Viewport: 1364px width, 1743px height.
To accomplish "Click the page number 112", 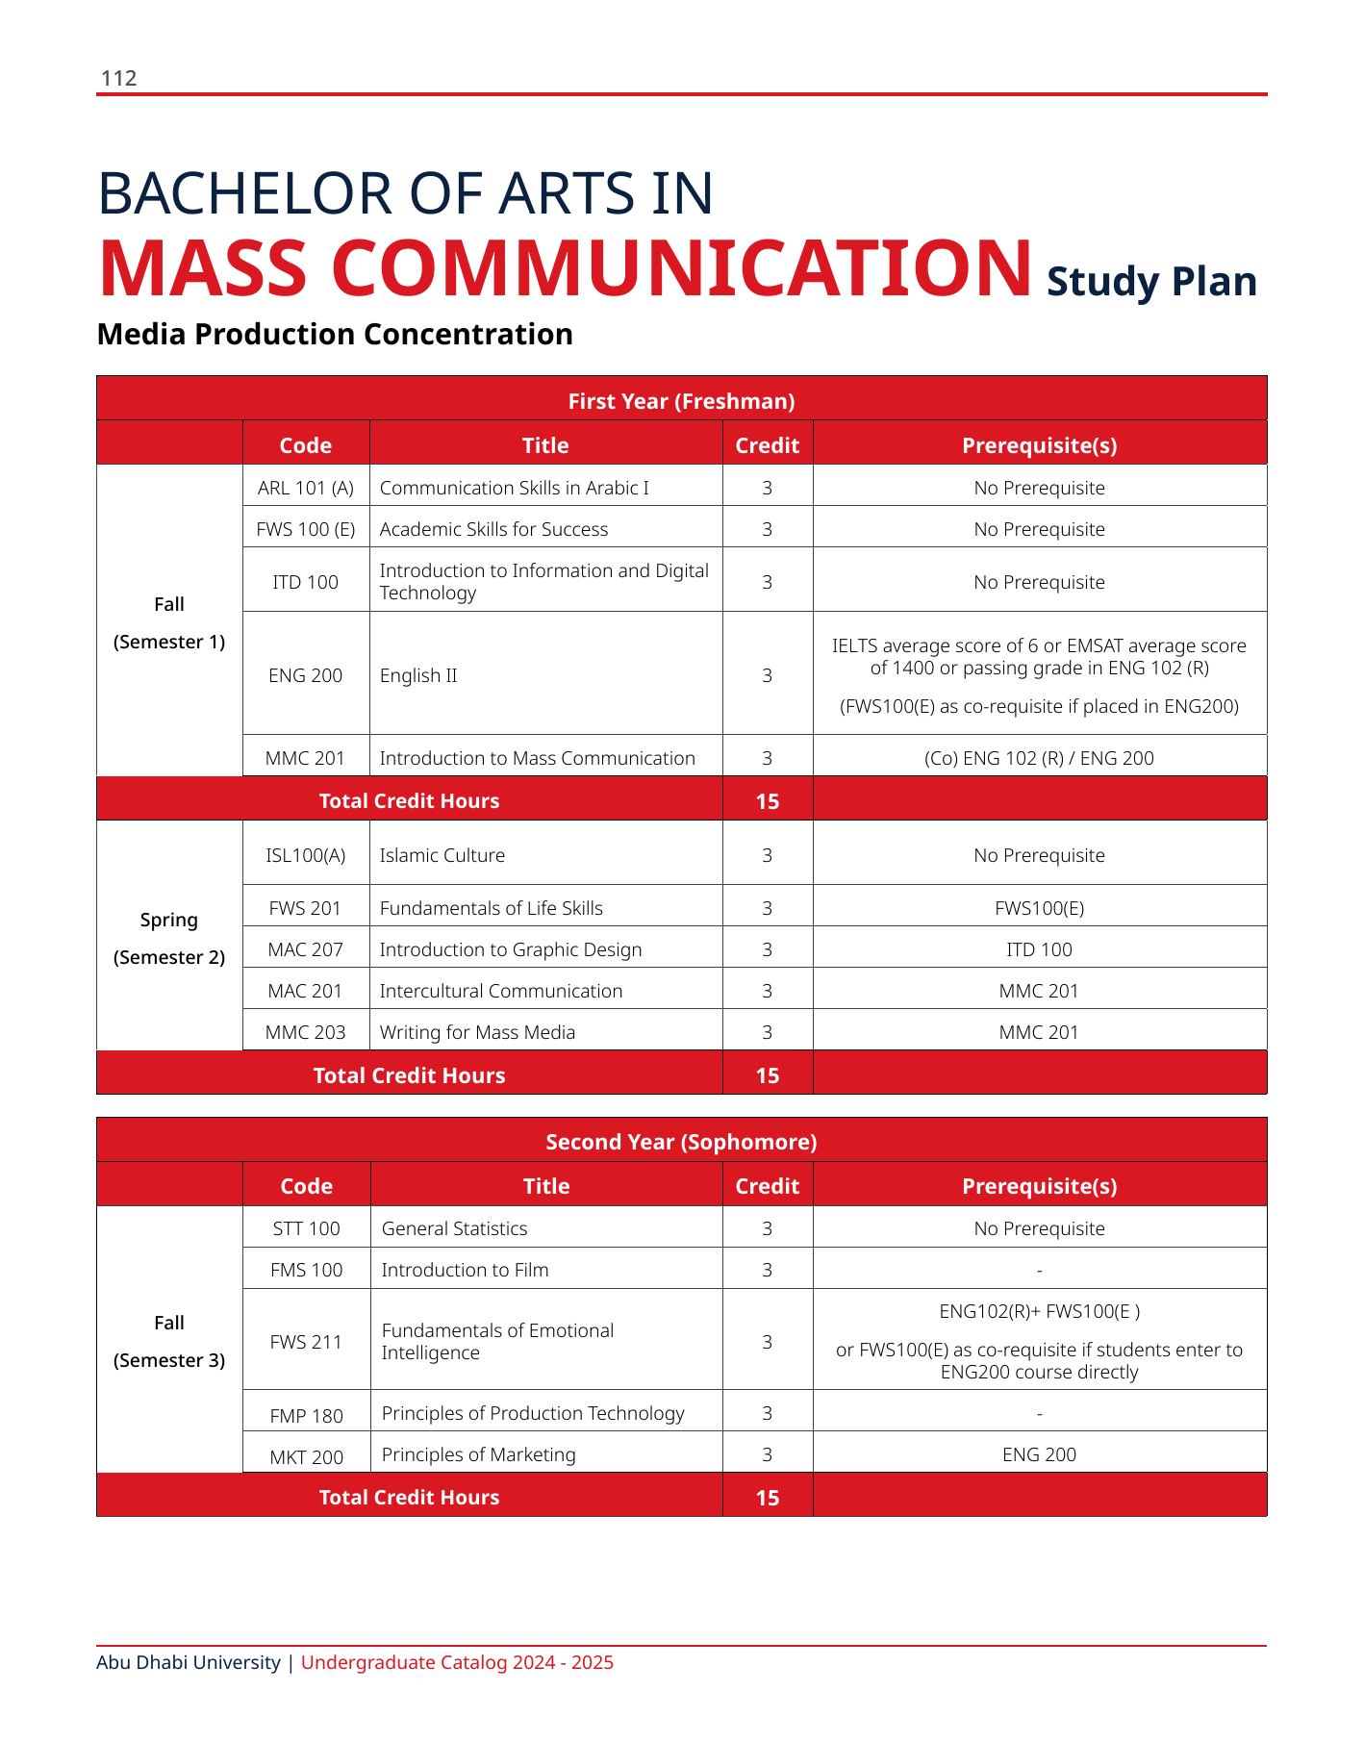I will pyautogui.click(x=119, y=78).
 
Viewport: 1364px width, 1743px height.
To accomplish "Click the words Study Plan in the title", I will pyautogui.click(x=1151, y=282).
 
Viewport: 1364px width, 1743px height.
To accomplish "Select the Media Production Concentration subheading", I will pyautogui.click(x=335, y=334).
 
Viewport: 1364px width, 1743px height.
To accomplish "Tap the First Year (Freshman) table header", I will pyautogui.click(x=681, y=401).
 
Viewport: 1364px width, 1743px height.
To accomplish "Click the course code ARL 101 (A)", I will pyautogui.click(x=306, y=488).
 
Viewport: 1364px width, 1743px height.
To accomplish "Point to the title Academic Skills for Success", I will pyautogui.click(x=493, y=529).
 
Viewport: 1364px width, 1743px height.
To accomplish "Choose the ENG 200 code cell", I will pyautogui.click(x=306, y=675).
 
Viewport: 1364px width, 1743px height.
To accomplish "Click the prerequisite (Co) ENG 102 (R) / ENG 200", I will pyautogui.click(x=1039, y=758).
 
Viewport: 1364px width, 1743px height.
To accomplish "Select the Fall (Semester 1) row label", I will pyautogui.click(x=169, y=622).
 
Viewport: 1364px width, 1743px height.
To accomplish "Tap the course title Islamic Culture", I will pyautogui.click(x=442, y=855).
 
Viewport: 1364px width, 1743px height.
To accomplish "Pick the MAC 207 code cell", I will pyautogui.click(x=306, y=949).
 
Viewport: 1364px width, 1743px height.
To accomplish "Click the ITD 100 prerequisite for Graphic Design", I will pyautogui.click(x=1039, y=949).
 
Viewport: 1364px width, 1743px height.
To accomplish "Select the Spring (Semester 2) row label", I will pyautogui.click(x=169, y=938).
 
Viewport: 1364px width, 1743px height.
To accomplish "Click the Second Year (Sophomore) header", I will pyautogui.click(x=681, y=1142).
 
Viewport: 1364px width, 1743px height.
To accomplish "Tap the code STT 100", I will pyautogui.click(x=306, y=1228).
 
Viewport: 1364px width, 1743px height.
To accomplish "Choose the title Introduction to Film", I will pyautogui.click(x=465, y=1270).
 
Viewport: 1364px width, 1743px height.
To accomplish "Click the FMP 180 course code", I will pyautogui.click(x=306, y=1415).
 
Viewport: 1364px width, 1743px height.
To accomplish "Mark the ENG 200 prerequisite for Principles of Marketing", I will pyautogui.click(x=1039, y=1454).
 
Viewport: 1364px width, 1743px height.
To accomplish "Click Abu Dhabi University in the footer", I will pyautogui.click(x=189, y=1662).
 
